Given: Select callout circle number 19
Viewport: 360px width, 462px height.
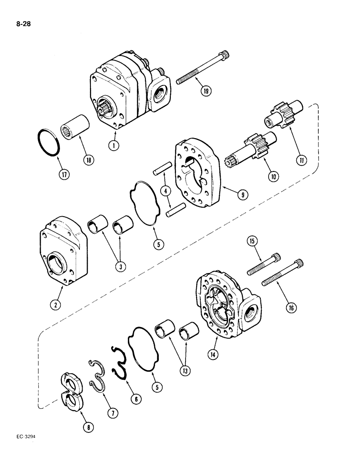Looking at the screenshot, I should coord(206,91).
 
